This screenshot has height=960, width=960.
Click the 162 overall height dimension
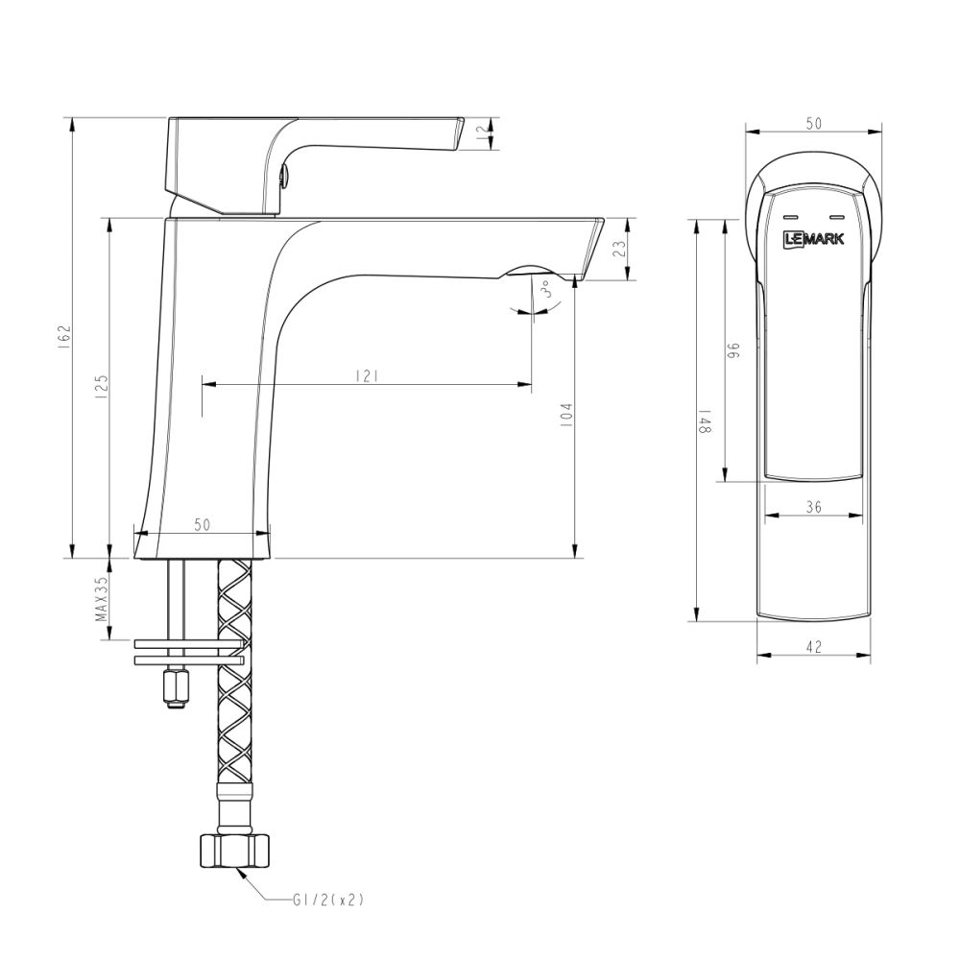64,338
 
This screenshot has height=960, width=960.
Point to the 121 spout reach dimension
365,375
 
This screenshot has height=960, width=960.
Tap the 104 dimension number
566,414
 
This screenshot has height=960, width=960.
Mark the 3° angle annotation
549,290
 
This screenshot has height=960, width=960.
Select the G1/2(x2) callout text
329,900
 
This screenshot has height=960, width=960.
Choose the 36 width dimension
813,508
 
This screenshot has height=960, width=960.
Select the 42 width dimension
814,647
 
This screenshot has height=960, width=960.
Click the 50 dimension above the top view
814,123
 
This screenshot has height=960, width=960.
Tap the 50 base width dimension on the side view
203,524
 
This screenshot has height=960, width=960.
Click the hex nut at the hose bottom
235,851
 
